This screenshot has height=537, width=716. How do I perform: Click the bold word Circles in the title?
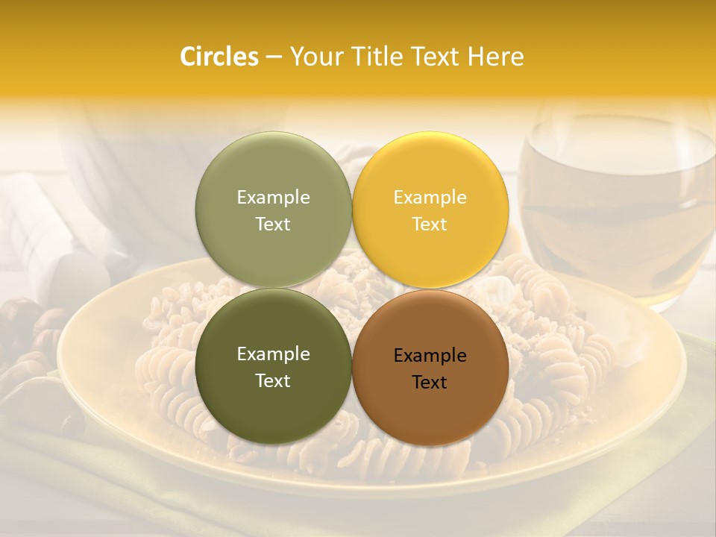(219, 57)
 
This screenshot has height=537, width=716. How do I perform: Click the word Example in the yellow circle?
(430, 197)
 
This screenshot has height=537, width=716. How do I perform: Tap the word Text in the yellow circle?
(430, 224)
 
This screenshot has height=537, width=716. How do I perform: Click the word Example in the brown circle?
(430, 355)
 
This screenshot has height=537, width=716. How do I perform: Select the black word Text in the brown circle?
(430, 382)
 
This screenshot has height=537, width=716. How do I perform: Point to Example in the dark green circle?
(273, 354)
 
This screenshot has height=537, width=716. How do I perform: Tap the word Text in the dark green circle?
(273, 380)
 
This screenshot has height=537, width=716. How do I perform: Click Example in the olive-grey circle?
(273, 197)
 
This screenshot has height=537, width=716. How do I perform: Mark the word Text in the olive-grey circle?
(273, 224)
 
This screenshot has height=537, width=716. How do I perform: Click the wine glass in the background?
(615, 201)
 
